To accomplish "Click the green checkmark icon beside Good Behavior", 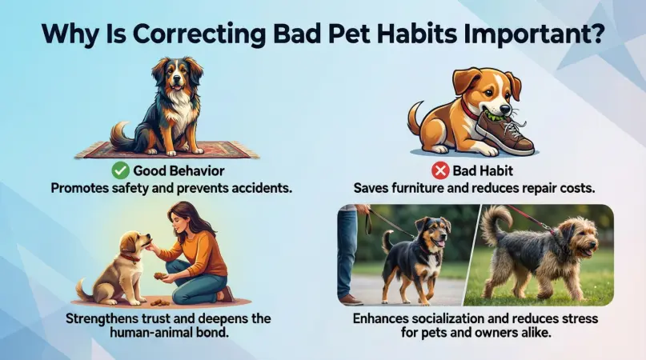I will click(121, 170).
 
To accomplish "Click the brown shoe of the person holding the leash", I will click(351, 299).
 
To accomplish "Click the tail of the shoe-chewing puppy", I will click(415, 118).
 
